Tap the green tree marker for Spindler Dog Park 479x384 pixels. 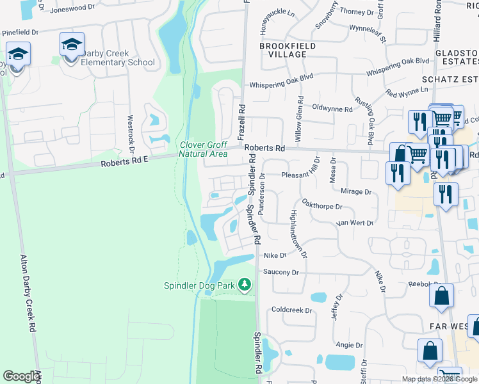point(244,284)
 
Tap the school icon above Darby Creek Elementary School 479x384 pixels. point(72,44)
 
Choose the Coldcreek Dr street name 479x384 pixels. point(291,310)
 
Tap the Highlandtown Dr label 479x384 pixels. point(298,233)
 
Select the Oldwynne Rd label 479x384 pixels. point(332,109)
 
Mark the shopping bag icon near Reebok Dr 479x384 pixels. point(442,296)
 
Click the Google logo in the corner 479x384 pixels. point(21,376)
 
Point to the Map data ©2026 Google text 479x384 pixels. point(426,379)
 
